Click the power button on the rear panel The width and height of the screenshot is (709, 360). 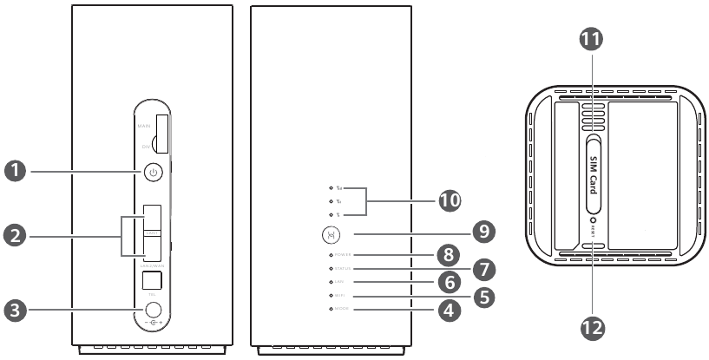pyautogui.click(x=153, y=172)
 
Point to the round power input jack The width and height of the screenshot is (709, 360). pyautogui.click(x=154, y=308)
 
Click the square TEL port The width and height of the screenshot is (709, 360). pyautogui.click(x=153, y=280)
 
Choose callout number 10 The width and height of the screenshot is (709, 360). pyautogui.click(x=450, y=200)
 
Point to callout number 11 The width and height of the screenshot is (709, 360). pyautogui.click(x=594, y=40)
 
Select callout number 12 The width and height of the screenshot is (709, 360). pyautogui.click(x=594, y=326)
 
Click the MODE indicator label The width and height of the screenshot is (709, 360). pyautogui.click(x=344, y=310)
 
